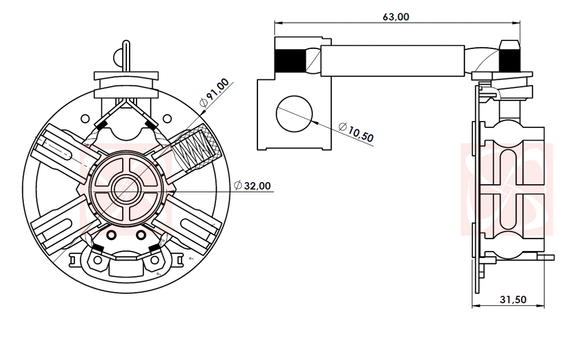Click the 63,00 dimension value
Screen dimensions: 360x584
pyautogui.click(x=396, y=16)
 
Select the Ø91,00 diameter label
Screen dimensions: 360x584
pyautogui.click(x=215, y=93)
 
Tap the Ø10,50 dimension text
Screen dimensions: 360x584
pyautogui.click(x=356, y=132)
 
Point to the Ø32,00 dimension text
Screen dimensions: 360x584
pyautogui.click(x=253, y=185)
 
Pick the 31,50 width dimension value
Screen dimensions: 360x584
pyautogui.click(x=513, y=299)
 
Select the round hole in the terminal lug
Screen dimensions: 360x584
pyautogui.click(x=295, y=113)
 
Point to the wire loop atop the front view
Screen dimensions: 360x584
pyautogui.click(x=126, y=53)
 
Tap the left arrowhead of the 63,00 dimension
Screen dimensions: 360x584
pyautogui.click(x=278, y=22)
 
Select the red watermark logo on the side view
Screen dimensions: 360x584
pyautogui.click(x=507, y=188)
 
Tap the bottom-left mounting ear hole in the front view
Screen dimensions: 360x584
pyautogui.click(x=98, y=261)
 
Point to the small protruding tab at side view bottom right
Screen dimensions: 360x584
pyautogui.click(x=549, y=258)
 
